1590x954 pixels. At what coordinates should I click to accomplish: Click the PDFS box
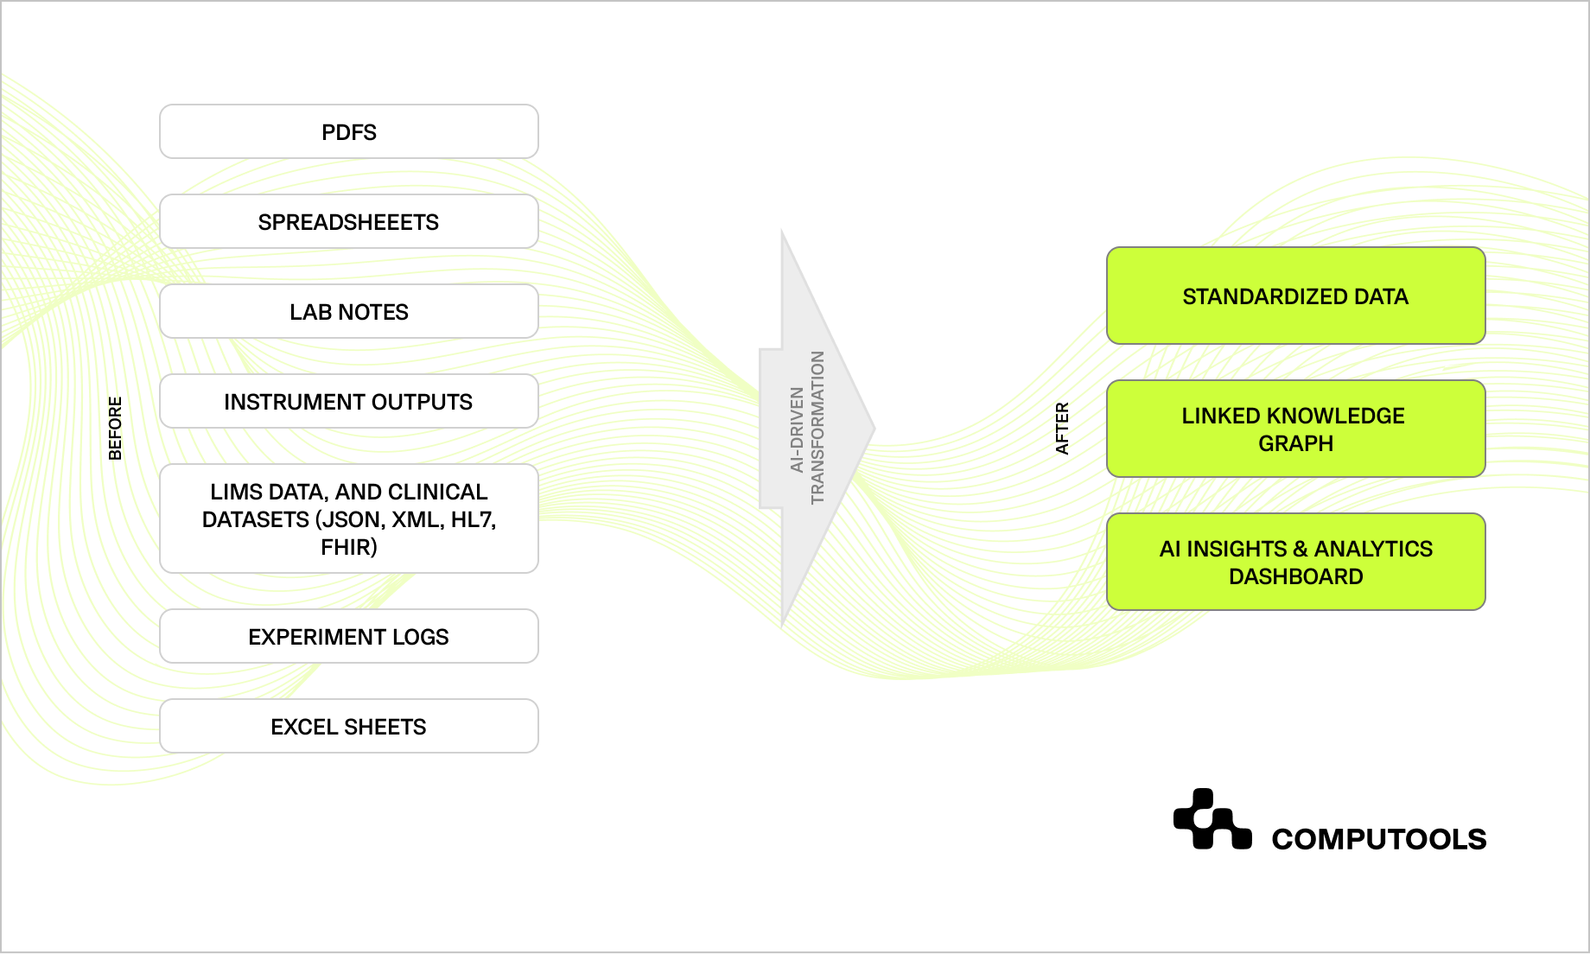[348, 132]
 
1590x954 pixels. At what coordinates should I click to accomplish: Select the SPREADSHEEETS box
[348, 222]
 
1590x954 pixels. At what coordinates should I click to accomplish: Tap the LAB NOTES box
[348, 312]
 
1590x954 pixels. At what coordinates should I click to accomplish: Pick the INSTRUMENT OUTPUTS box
[348, 402]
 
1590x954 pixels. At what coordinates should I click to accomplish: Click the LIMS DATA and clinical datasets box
[348, 518]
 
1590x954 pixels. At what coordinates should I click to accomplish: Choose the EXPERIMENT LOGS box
[348, 637]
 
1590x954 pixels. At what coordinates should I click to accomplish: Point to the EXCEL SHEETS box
[348, 727]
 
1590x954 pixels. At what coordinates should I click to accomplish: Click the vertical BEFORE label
[115, 428]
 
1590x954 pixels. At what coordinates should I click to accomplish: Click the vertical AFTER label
[1062, 428]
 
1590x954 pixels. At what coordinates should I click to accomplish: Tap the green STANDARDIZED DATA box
[1295, 296]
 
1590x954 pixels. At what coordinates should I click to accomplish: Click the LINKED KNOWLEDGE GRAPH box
[1295, 429]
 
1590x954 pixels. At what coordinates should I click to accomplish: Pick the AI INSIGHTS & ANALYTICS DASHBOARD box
[1295, 563]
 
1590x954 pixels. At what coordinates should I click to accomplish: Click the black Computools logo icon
[1212, 819]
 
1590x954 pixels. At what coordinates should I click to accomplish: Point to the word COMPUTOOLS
[1378, 839]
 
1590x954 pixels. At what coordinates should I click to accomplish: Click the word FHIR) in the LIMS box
[348, 547]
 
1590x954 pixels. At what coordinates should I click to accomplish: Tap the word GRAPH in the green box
[1295, 443]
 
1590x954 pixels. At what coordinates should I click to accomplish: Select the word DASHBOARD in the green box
[1295, 576]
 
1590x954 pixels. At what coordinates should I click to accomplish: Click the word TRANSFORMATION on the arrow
[817, 428]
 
